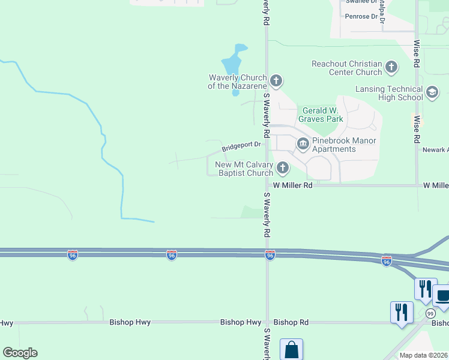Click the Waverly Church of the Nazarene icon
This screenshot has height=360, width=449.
coord(276,80)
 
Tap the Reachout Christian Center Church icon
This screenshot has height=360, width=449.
coord(391,67)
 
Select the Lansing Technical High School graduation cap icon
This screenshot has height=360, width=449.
coord(432,92)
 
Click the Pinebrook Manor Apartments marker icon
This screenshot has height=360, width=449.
coord(303,144)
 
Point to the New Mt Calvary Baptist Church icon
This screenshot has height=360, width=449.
coord(282,168)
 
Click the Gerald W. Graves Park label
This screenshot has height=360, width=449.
coord(322,115)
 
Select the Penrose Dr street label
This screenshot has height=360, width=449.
coord(361,16)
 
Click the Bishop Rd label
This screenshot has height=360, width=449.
coord(291,322)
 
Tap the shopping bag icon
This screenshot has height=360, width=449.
coord(291,349)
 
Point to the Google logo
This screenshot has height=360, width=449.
coord(20,353)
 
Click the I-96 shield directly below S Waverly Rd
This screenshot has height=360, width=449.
coord(270,256)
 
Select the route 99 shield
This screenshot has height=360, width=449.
coord(430,313)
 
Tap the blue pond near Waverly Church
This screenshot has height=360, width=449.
coord(232,62)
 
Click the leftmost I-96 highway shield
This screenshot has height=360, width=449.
coord(72,256)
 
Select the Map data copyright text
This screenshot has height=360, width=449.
coord(424,355)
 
